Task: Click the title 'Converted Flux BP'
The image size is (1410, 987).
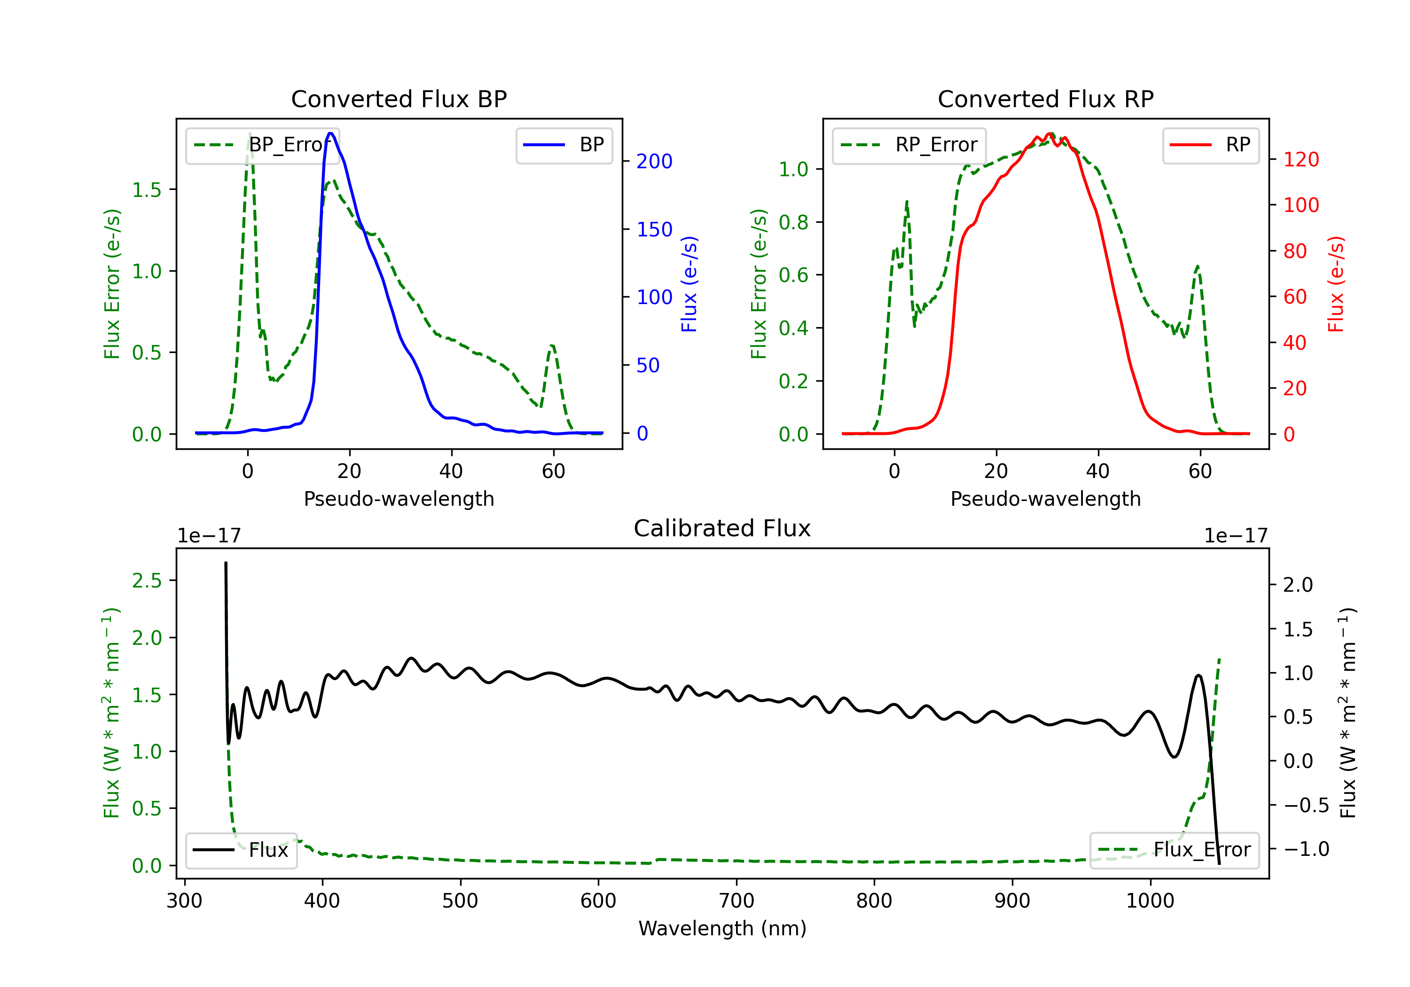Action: (x=399, y=99)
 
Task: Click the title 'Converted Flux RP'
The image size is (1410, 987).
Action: (x=1046, y=99)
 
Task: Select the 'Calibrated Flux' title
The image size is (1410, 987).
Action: (x=722, y=528)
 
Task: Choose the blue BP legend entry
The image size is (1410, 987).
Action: (x=564, y=145)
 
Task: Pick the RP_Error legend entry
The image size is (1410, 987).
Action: (x=909, y=145)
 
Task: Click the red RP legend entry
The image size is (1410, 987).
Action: (x=1210, y=145)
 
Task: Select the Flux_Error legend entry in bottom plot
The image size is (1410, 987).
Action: (x=1174, y=850)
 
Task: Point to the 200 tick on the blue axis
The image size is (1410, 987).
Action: (x=654, y=162)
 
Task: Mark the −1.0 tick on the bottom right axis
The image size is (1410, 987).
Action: (x=1306, y=849)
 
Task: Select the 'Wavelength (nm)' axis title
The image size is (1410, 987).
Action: (x=722, y=928)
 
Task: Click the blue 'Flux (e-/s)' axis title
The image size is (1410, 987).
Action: (x=689, y=284)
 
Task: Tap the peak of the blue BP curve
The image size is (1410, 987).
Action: (x=330, y=133)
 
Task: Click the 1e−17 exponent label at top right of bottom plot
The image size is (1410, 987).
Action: (x=1236, y=536)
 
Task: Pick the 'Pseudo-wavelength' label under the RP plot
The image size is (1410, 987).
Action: (x=1046, y=499)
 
